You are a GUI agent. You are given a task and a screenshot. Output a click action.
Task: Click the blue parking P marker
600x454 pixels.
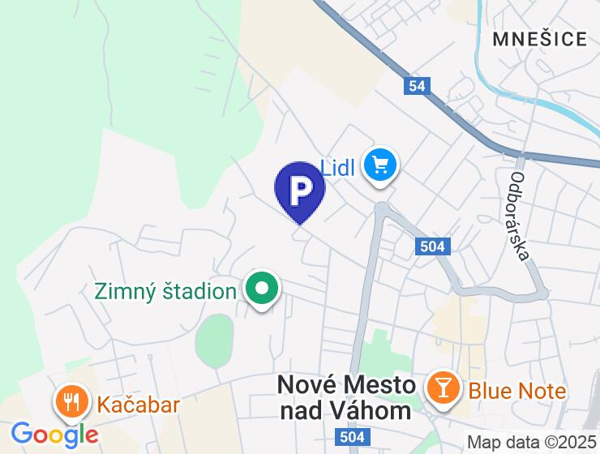(300, 190)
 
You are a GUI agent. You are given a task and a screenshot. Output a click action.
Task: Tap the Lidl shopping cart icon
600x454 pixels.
(379, 166)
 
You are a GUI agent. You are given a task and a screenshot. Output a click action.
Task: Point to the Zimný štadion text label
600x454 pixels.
(165, 290)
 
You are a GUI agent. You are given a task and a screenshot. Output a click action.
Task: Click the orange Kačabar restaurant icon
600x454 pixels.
(71, 401)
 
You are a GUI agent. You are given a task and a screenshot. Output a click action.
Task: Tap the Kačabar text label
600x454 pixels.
(138, 404)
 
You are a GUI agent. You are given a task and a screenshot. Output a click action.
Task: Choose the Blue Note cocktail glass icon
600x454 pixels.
(443, 388)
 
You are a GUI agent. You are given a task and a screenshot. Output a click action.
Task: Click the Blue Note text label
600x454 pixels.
(516, 391)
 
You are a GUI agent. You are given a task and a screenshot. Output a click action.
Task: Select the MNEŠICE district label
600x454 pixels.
(539, 38)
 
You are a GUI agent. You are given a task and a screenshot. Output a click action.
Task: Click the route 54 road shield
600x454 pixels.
(417, 85)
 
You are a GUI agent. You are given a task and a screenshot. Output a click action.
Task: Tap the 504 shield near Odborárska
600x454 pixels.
(433, 247)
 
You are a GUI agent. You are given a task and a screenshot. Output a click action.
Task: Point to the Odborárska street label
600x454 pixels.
(520, 216)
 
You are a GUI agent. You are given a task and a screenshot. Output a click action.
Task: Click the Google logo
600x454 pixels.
(54, 435)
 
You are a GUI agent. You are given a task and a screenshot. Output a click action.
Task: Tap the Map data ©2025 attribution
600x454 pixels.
(533, 443)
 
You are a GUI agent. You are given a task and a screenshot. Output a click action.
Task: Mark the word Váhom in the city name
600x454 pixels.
(372, 410)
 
